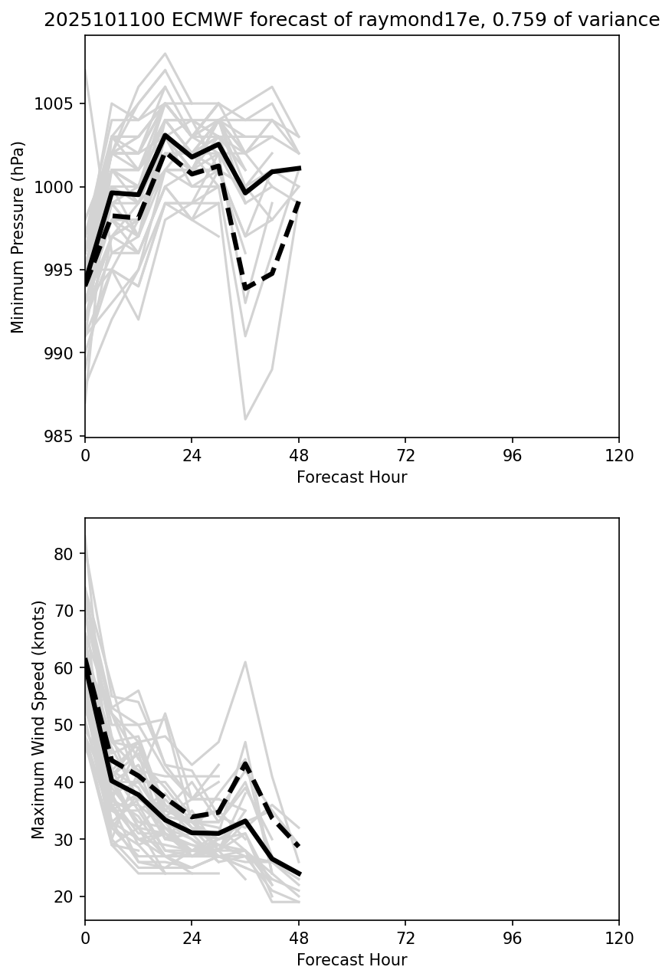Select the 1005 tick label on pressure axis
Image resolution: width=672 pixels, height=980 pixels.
point(55,104)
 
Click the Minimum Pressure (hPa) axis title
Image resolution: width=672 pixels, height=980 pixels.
point(18,237)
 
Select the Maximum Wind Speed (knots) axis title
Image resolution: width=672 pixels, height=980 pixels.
point(39,719)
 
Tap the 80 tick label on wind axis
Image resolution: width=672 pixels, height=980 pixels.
point(66,554)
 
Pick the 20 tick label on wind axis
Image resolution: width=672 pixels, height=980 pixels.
point(66,897)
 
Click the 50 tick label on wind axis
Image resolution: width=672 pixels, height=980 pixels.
point(66,726)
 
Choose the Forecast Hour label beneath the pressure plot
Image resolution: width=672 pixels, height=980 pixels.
point(352,477)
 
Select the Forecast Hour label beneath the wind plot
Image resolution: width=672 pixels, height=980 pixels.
point(352,960)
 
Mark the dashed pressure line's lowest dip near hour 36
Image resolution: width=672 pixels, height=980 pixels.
point(245,288)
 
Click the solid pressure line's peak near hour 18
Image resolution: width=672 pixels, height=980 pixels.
point(165,136)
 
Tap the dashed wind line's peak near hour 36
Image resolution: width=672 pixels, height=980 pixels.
point(245,763)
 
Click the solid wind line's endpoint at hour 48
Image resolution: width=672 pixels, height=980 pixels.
point(299,874)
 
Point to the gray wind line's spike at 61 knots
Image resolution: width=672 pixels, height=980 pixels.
point(245,662)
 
